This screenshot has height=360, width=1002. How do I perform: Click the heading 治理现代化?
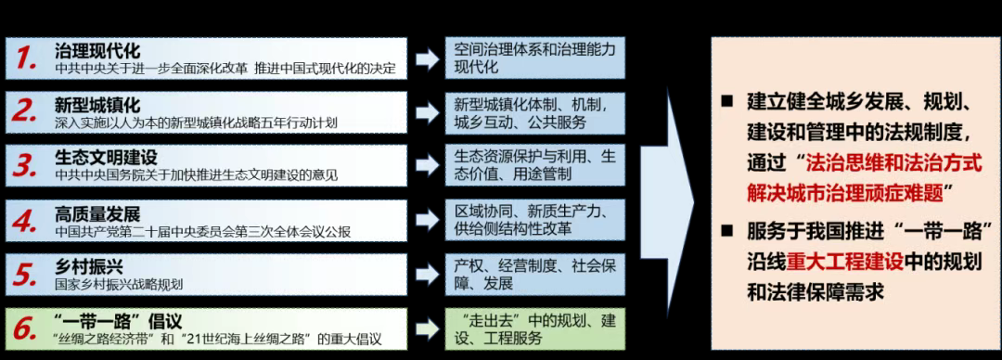pyautogui.click(x=97, y=50)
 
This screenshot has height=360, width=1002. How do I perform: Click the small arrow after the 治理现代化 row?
pyautogui.click(x=426, y=59)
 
